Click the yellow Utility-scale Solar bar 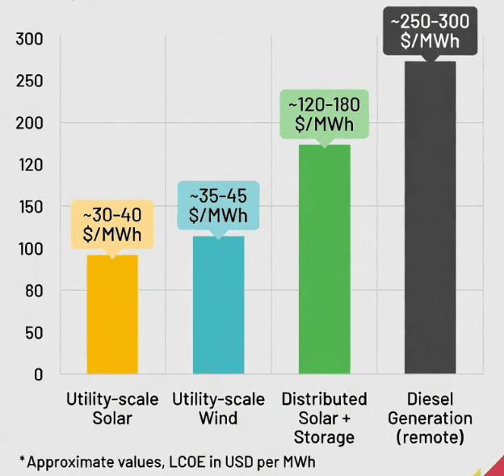[112, 315]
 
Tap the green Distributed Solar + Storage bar [324, 259]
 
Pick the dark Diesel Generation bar [430, 217]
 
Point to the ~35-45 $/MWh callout [218, 206]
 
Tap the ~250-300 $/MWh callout [430, 32]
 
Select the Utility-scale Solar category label [112, 409]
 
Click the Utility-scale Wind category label [218, 409]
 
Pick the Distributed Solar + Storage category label [324, 419]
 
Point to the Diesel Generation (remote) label [430, 419]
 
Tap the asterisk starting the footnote [22, 459]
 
